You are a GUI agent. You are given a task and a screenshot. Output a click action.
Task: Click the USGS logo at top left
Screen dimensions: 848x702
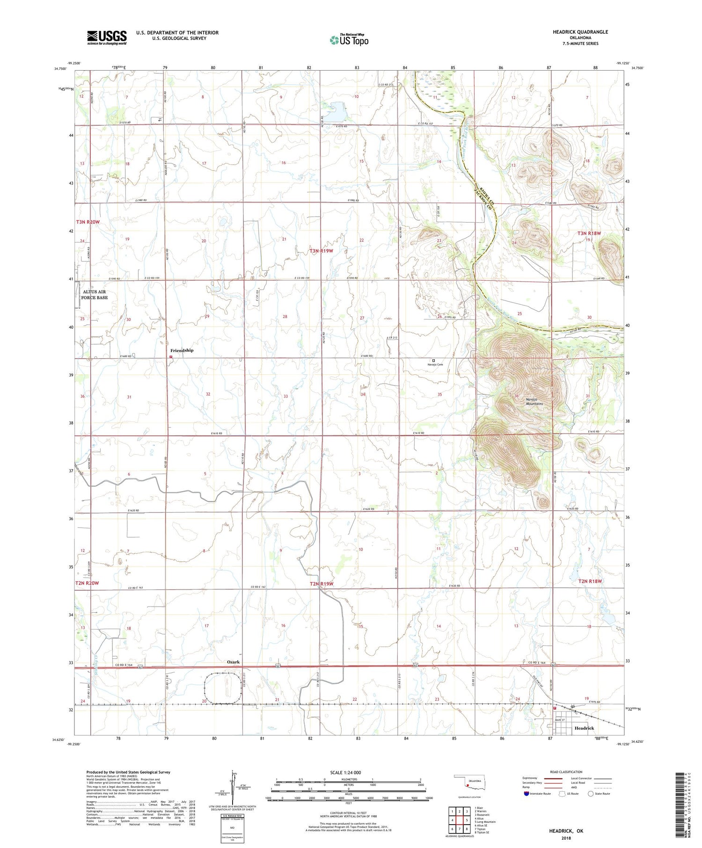click(107, 37)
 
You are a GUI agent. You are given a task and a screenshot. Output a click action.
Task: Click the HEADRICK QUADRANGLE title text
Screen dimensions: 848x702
click(580, 32)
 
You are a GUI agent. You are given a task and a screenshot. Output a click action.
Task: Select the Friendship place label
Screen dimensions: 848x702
click(182, 350)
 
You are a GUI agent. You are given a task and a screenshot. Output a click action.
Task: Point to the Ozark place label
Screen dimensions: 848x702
click(233, 662)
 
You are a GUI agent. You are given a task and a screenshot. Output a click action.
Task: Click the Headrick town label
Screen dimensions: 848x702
click(584, 728)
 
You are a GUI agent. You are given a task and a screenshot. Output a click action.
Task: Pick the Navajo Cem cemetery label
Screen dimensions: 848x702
click(435, 364)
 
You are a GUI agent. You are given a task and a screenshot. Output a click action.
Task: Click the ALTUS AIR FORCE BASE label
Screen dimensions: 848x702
click(95, 295)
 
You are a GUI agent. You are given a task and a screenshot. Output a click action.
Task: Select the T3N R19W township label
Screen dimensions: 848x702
click(322, 251)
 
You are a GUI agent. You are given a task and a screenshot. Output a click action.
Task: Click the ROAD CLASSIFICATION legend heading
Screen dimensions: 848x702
click(566, 772)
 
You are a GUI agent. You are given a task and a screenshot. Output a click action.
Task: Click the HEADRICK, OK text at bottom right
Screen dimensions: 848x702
click(566, 831)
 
